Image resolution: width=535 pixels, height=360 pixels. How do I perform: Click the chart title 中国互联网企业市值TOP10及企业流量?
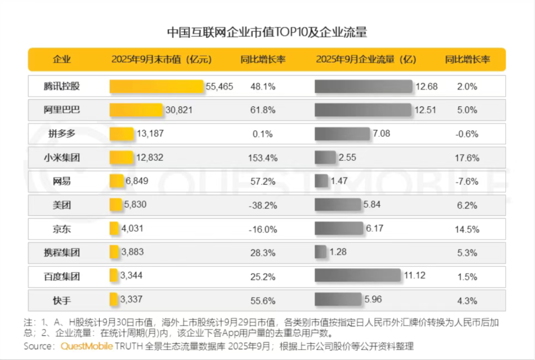coord(267,33)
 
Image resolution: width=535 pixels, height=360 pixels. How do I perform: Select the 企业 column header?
coord(62,59)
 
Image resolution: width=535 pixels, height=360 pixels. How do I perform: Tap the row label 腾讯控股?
coord(62,86)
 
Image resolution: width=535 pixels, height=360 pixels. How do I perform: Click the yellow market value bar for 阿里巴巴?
coord(136,110)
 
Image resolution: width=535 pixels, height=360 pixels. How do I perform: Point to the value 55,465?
coord(219,86)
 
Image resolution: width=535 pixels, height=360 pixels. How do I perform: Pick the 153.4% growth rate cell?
coord(263,157)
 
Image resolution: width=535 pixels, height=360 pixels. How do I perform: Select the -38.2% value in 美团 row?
coord(263,205)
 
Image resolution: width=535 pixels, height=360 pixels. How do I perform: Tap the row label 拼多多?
coord(62,134)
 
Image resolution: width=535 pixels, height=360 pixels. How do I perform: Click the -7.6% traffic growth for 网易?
coord(467,181)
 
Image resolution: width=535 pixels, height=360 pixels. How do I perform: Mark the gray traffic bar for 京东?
coord(339,228)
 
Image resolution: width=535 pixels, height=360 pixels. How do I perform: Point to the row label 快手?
coord(62,300)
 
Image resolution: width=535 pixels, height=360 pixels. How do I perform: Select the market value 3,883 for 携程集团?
coord(132,252)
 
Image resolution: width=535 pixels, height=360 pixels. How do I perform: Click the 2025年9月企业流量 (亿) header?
coord(366,59)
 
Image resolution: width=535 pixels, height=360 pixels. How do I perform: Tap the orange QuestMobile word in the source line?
coord(87,346)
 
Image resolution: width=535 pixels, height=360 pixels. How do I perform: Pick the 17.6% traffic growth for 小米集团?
coord(467,157)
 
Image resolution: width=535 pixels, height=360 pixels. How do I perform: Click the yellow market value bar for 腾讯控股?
coord(157,86)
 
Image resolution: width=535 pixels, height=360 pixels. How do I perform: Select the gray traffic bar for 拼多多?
coord(342,134)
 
